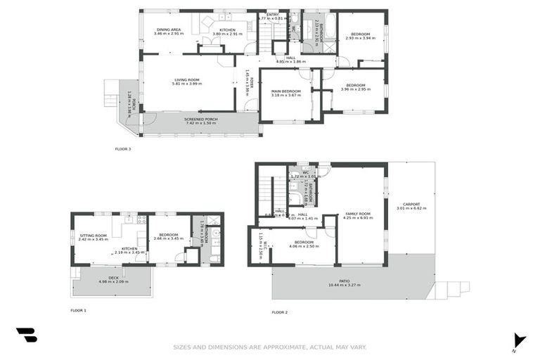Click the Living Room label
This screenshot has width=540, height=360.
pos(188,79)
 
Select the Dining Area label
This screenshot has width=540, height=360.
pos(168,30)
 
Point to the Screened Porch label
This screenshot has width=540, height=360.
pos(200,119)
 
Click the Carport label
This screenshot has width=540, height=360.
pos(411,205)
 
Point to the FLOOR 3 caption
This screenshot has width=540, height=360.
pos(123,148)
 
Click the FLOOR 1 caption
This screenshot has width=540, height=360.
pos(78,310)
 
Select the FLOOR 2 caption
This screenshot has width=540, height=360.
pos(280,311)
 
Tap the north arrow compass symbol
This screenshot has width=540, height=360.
pos(519,340)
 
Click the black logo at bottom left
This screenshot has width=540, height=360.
pos(27,335)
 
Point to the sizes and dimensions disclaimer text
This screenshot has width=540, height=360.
pos(270,347)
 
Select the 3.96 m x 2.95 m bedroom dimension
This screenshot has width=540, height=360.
pos(355,89)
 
